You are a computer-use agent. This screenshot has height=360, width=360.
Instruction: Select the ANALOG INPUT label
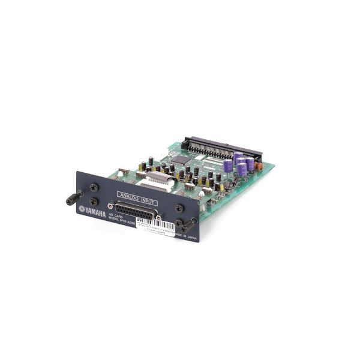(133, 195)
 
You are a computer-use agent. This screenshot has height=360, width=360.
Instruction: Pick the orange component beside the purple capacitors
(259, 164)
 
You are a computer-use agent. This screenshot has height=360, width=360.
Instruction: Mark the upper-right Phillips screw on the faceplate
(178, 208)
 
